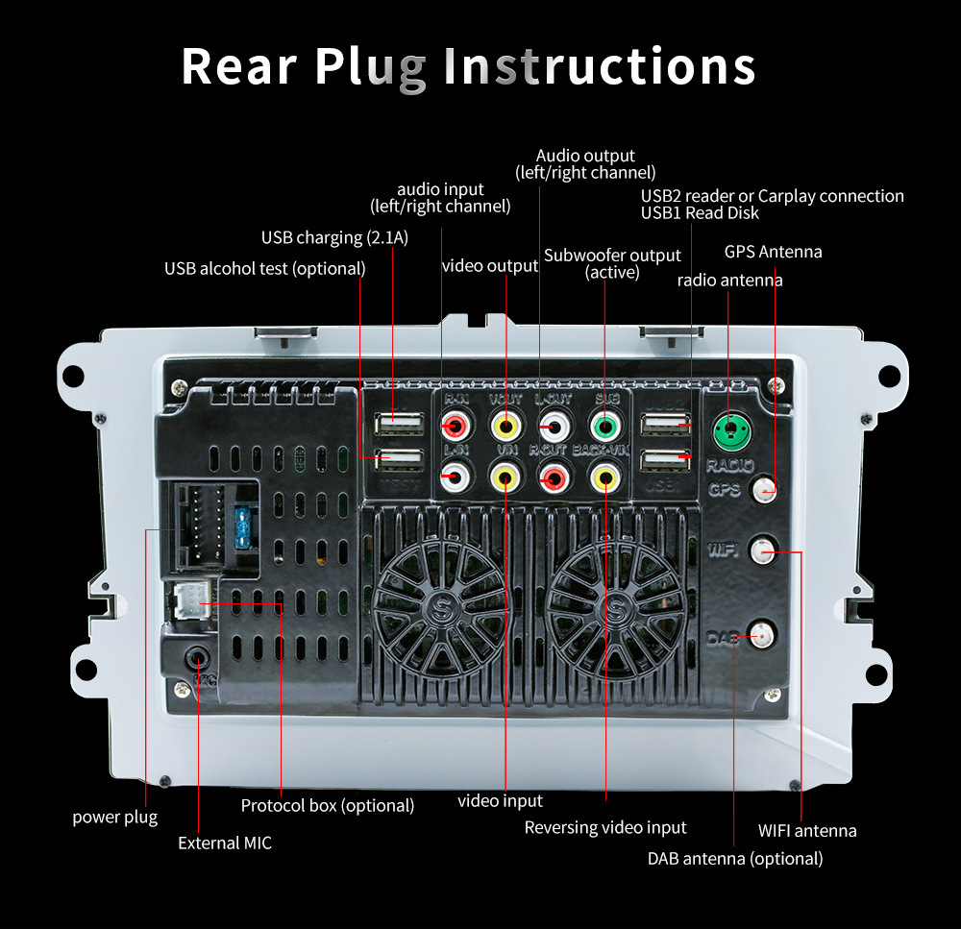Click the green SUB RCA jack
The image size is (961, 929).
point(604,426)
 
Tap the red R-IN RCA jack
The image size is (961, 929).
point(455,426)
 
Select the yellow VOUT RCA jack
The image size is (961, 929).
point(505,426)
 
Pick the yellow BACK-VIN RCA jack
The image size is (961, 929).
point(604,475)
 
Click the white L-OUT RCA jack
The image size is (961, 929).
point(554,426)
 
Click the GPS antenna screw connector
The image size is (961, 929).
point(765,490)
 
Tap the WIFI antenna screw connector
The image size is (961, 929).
point(763,550)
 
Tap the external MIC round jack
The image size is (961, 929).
point(197,660)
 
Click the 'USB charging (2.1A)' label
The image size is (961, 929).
point(334,237)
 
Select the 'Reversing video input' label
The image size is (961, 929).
point(605,827)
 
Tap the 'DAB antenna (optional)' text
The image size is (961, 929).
point(735,858)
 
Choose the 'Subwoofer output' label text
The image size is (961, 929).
point(612,255)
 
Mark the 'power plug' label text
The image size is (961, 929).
point(115,817)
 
